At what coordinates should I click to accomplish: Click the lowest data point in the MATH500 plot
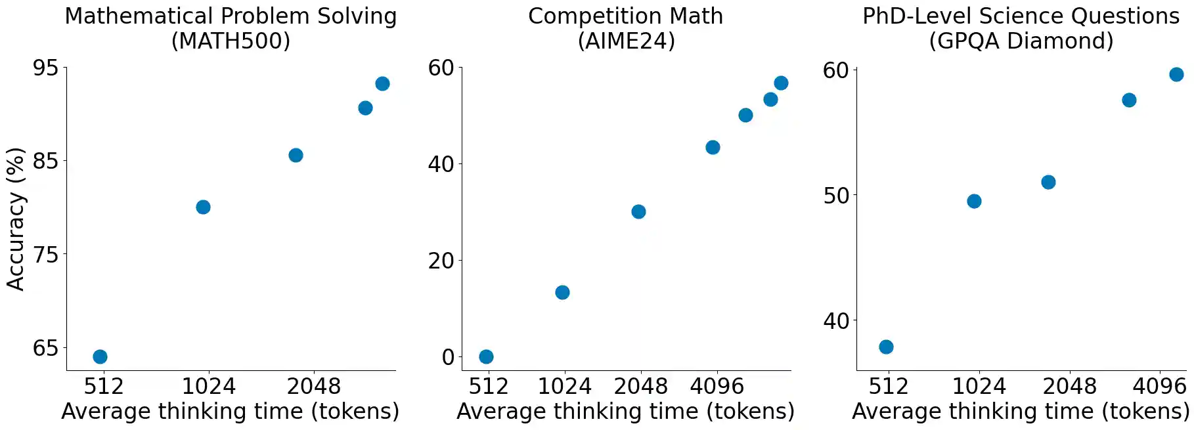click(x=100, y=356)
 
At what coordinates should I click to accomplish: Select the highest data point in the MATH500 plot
click(x=382, y=83)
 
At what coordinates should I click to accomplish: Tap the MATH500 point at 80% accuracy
click(x=203, y=207)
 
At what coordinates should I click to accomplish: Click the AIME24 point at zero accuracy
click(x=486, y=356)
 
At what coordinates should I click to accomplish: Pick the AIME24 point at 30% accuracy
click(x=638, y=211)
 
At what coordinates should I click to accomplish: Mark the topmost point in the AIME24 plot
click(x=781, y=83)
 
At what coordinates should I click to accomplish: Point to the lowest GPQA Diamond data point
click(x=886, y=347)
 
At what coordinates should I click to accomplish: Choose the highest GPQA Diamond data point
click(x=1176, y=74)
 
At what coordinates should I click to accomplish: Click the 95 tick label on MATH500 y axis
click(x=45, y=68)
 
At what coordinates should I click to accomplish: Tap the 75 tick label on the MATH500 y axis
click(x=45, y=255)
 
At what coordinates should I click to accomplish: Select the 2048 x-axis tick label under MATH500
click(x=313, y=386)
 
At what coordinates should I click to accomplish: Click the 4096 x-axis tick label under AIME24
click(x=717, y=386)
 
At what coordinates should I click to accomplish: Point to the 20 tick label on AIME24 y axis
click(x=441, y=261)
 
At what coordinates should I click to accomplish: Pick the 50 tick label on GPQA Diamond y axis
click(x=835, y=196)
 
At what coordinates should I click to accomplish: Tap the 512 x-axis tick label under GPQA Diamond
click(x=888, y=386)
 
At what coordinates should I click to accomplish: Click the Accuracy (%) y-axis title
click(x=16, y=219)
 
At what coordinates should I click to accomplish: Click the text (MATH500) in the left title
click(x=231, y=41)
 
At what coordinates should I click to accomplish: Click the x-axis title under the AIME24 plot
click(x=625, y=412)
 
